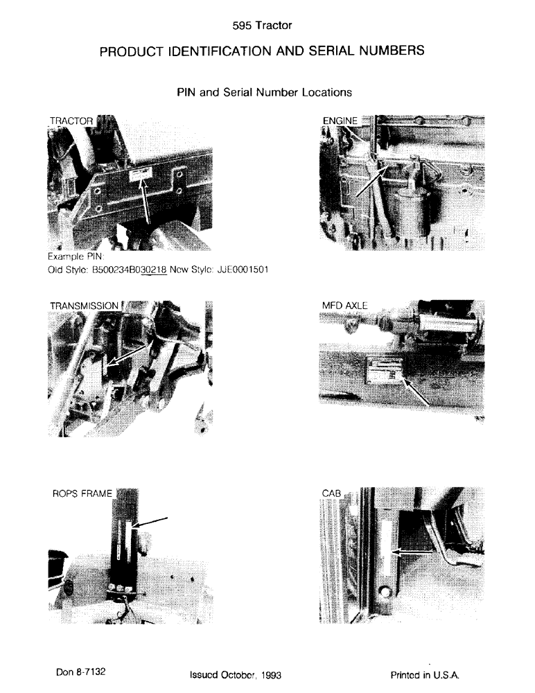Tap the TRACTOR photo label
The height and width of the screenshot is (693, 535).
[71, 121]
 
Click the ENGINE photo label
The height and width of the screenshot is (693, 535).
[340, 121]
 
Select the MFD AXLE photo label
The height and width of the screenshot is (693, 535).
[344, 305]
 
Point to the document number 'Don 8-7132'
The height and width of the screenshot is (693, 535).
[81, 672]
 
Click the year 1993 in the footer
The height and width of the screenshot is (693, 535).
[269, 674]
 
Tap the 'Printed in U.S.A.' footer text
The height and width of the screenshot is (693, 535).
[425, 674]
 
